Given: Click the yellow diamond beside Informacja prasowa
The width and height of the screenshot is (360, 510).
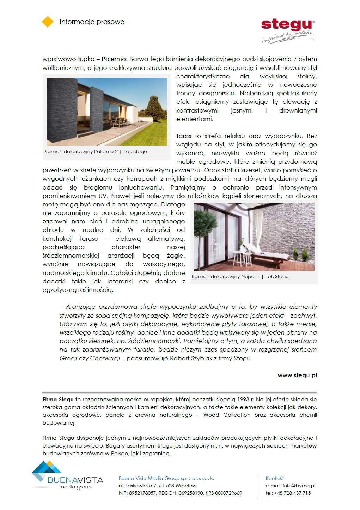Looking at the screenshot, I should click(48, 22).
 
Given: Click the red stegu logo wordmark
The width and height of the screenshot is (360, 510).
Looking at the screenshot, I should click(287, 24).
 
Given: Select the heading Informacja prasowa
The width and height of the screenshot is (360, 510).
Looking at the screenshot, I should click(92, 22).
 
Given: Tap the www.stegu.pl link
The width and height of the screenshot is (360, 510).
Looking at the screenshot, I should click(297, 375).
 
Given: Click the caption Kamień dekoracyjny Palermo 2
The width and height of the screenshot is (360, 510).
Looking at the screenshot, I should click(81, 151).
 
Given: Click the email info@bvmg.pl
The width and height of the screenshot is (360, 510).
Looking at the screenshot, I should click(299, 486).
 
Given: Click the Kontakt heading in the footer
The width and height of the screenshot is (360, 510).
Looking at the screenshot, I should click(274, 478).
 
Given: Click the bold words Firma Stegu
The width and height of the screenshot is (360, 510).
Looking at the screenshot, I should click(58, 400).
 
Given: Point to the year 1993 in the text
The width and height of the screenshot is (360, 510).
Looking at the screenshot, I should click(243, 400).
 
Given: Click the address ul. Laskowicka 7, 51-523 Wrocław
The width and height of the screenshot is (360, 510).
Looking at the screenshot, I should click(158, 486).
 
